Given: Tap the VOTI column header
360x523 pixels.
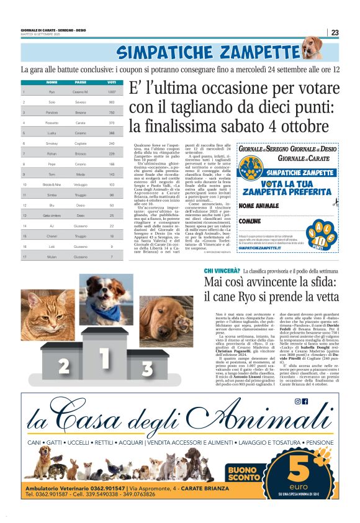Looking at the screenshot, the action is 112,82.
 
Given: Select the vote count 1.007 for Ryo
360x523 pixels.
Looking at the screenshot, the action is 112,92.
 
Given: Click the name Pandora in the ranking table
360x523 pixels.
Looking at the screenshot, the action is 52,112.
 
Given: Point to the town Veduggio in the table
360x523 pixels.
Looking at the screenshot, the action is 81,184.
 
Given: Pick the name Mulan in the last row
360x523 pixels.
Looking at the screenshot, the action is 52,256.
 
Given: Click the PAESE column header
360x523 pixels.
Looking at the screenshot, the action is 81,82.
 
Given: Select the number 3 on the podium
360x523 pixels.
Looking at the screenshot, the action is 146,368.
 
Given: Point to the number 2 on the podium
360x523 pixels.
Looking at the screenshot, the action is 63,366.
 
